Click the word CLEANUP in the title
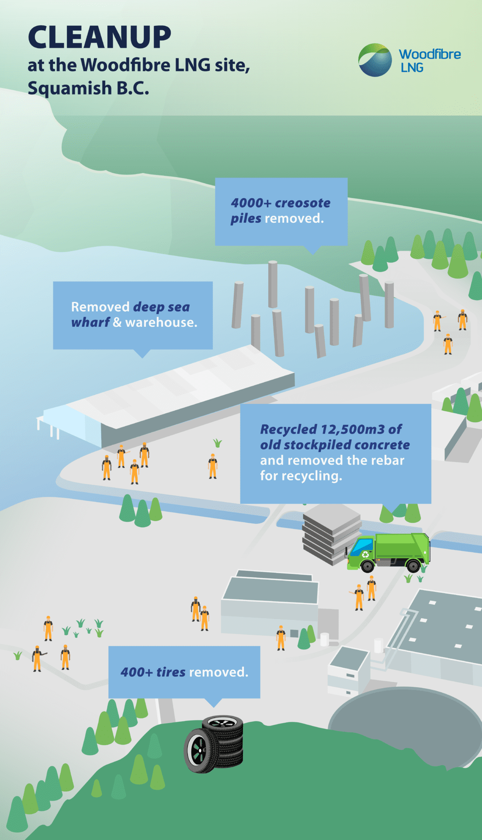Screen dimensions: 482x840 (100, 37)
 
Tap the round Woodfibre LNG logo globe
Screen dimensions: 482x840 (375, 60)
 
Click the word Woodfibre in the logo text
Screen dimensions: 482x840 (430, 54)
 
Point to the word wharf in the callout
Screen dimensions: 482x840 (90, 322)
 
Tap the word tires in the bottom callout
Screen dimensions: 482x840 (171, 672)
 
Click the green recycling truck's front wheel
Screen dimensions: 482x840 (368, 566)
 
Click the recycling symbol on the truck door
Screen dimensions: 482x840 (365, 555)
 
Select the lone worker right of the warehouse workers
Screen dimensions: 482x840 (213, 466)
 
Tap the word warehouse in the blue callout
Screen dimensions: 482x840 (161, 322)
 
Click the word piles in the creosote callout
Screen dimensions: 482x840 (246, 218)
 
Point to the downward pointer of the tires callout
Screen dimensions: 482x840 (213, 702)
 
